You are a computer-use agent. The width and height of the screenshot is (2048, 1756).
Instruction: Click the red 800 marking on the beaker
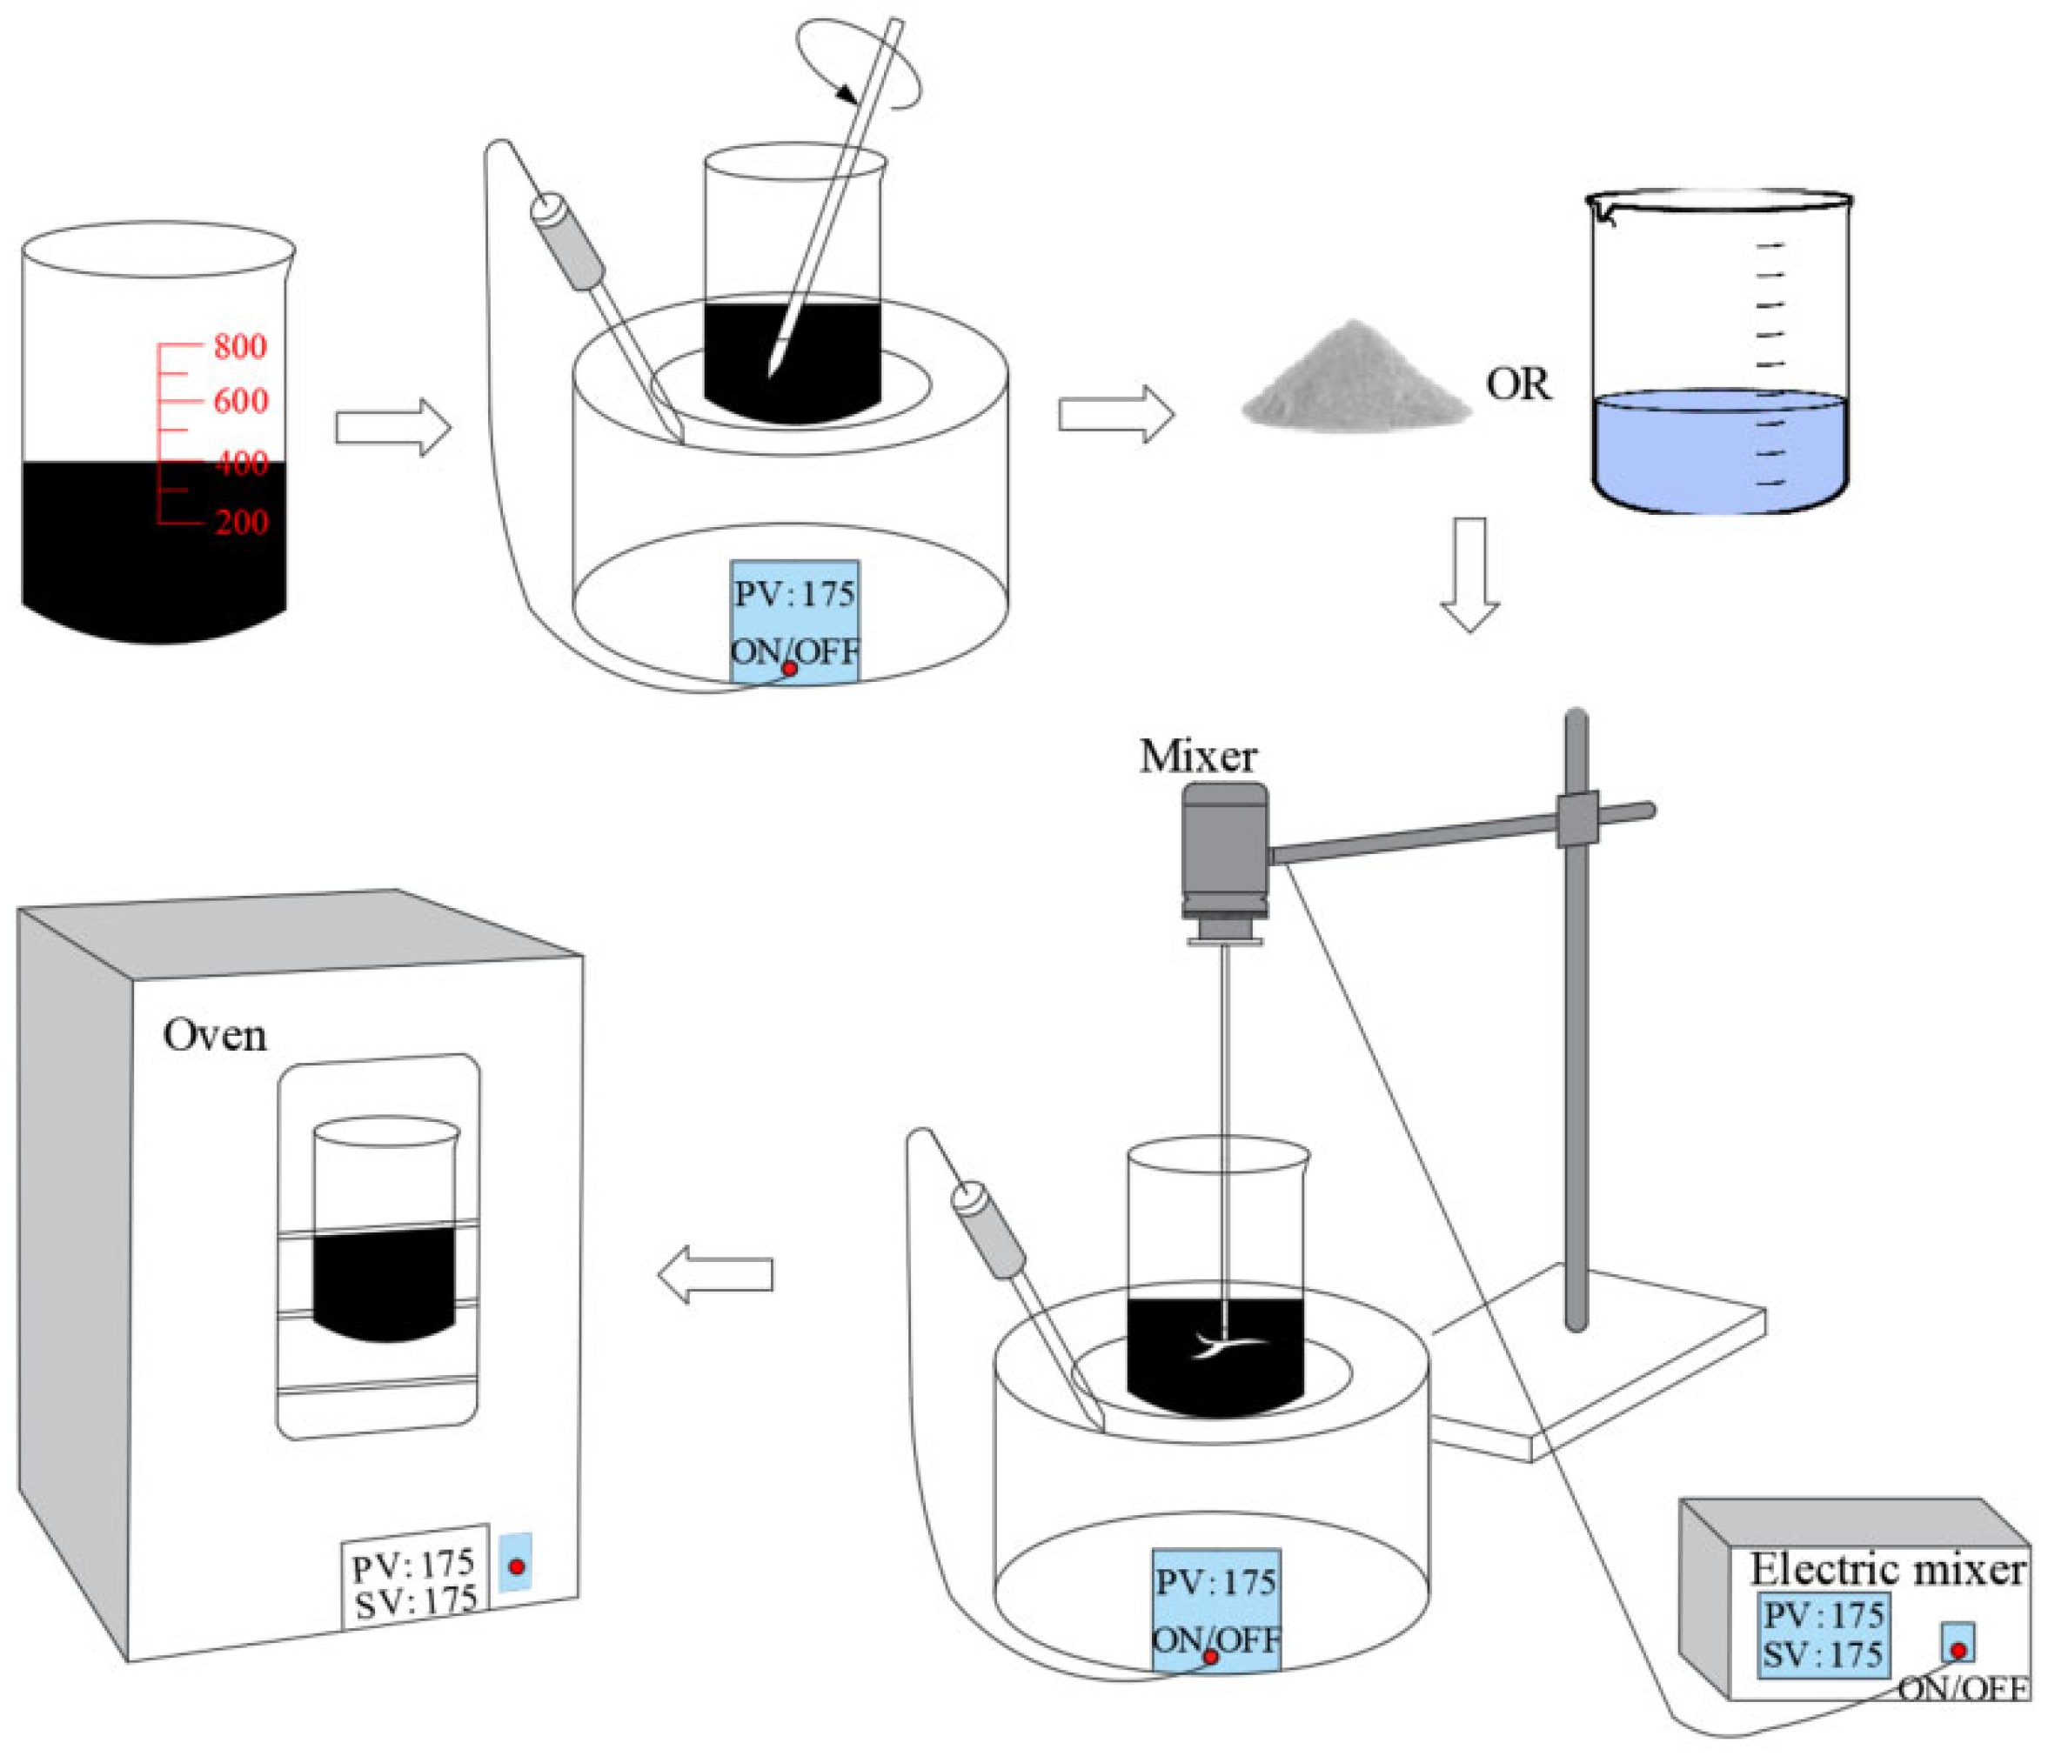point(239,346)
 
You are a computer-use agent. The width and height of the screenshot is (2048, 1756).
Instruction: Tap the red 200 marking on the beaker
point(240,521)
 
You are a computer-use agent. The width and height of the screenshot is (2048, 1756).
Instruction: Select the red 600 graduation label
point(240,400)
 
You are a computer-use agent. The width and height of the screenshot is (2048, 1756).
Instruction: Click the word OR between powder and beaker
point(1518,384)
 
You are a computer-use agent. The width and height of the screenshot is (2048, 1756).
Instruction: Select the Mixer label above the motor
point(1197,756)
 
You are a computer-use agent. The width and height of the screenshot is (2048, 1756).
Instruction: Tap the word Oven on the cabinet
point(215,1035)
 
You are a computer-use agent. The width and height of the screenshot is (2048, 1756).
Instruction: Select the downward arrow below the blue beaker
point(1469,574)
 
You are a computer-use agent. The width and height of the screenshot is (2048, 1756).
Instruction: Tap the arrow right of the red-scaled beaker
point(393,427)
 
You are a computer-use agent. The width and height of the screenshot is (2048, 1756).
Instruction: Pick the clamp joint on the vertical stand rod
point(1576,818)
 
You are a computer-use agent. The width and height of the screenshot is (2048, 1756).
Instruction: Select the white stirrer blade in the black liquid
point(1223,1345)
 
